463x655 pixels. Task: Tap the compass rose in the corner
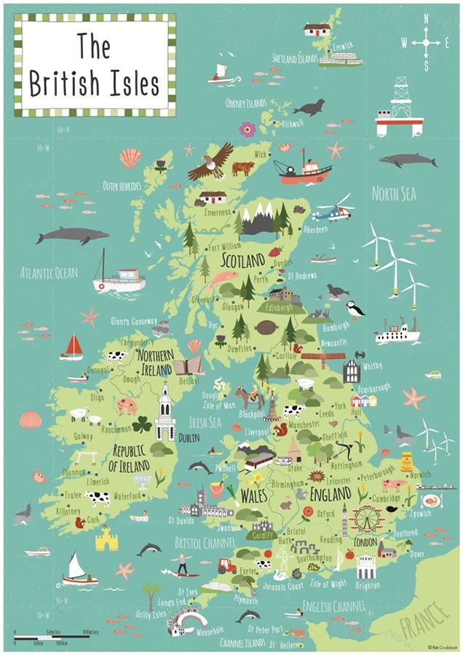point(426,43)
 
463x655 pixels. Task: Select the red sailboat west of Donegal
point(72,347)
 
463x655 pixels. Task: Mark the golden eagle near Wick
point(211,161)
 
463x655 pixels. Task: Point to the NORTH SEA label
point(394,194)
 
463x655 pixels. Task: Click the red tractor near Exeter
point(226,565)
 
